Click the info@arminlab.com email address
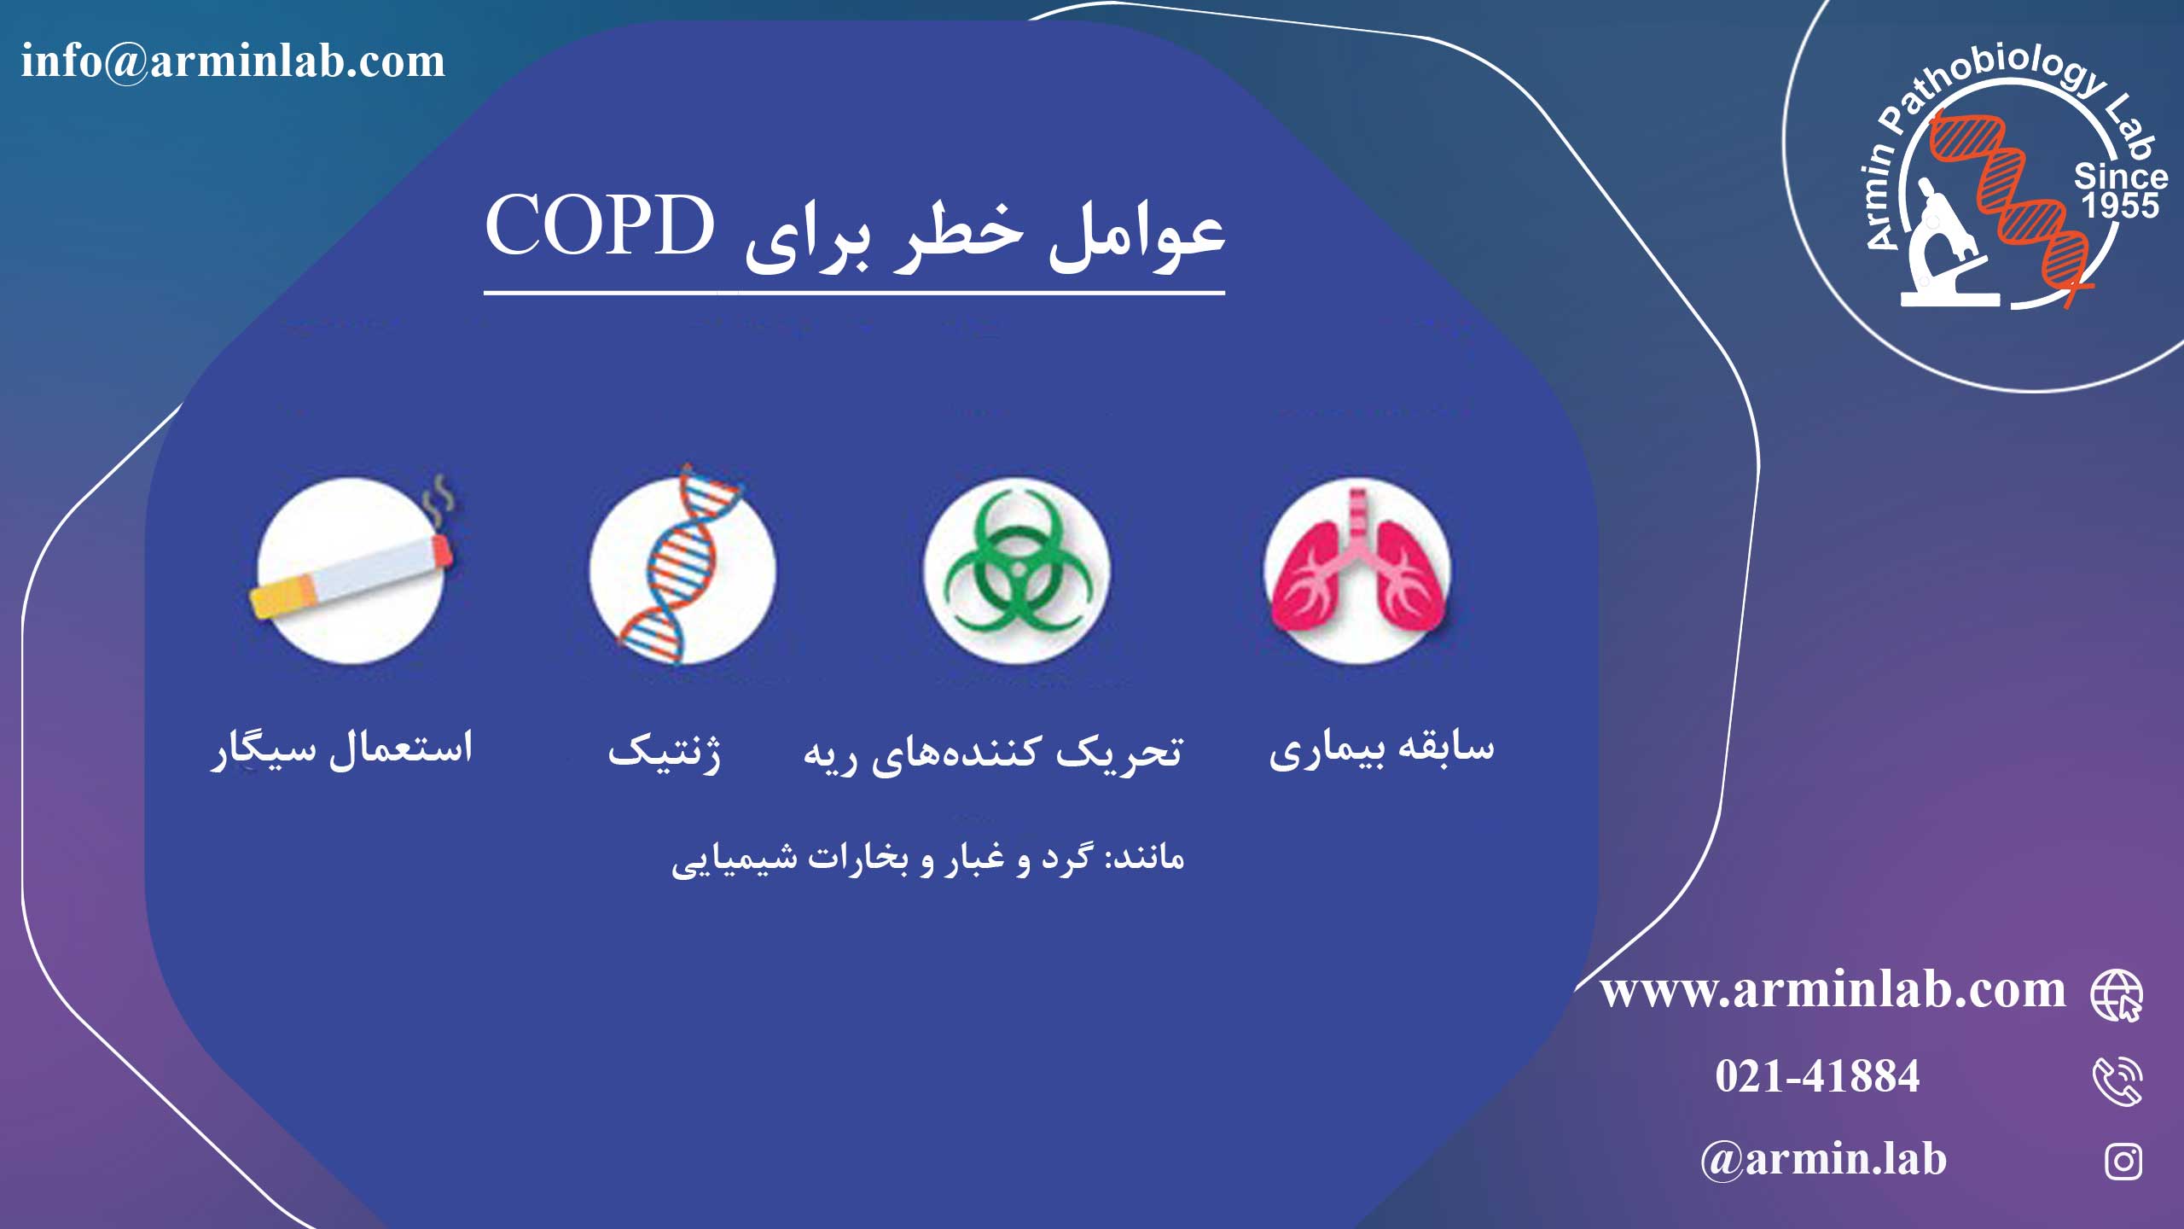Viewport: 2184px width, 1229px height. point(233,61)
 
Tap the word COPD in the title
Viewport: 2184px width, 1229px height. point(601,225)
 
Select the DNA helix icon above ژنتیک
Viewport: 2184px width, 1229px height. point(682,564)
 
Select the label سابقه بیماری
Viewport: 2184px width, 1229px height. point(1382,748)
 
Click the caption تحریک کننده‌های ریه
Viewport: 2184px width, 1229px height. point(993,751)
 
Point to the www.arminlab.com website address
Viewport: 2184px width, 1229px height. point(1833,990)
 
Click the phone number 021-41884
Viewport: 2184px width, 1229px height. point(1817,1075)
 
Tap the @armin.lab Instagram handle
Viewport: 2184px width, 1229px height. point(1823,1160)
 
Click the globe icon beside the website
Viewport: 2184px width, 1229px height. point(2117,995)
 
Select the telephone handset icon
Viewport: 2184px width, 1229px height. point(2117,1081)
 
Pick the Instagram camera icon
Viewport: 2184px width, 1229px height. point(2123,1162)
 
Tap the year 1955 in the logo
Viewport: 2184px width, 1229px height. point(2120,206)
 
